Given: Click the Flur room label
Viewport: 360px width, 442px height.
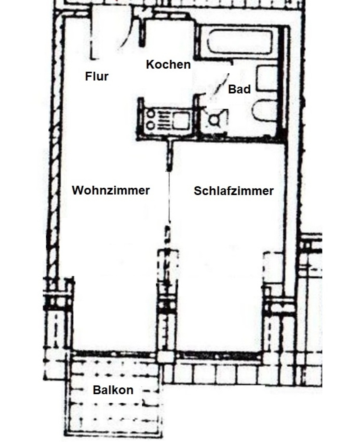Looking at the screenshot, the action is pyautogui.click(x=97, y=76).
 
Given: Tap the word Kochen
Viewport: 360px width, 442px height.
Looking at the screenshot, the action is pyautogui.click(x=168, y=65).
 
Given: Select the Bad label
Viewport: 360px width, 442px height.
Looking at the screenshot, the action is pyautogui.click(x=239, y=89).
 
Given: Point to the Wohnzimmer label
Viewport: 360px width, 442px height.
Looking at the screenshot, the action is pyautogui.click(x=111, y=190).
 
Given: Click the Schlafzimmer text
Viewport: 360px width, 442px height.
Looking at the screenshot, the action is pyautogui.click(x=234, y=191).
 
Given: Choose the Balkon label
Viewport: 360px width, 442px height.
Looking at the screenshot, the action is pyautogui.click(x=113, y=390).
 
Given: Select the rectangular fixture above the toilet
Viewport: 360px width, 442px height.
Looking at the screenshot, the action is pyautogui.click(x=267, y=78).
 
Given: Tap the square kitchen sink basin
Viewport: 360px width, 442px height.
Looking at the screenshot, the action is pyautogui.click(x=181, y=120).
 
